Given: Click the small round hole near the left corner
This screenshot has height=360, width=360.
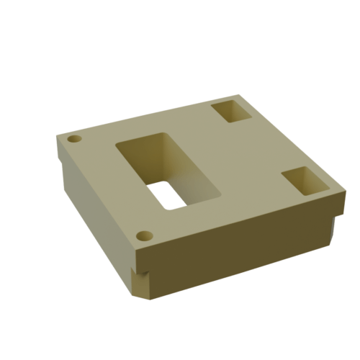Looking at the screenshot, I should click(74, 139).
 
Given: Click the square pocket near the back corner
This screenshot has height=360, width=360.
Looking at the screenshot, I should click(231, 112).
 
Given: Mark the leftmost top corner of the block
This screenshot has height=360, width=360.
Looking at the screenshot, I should click(58, 137).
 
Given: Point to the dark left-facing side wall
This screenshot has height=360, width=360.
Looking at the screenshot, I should click(94, 209).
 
